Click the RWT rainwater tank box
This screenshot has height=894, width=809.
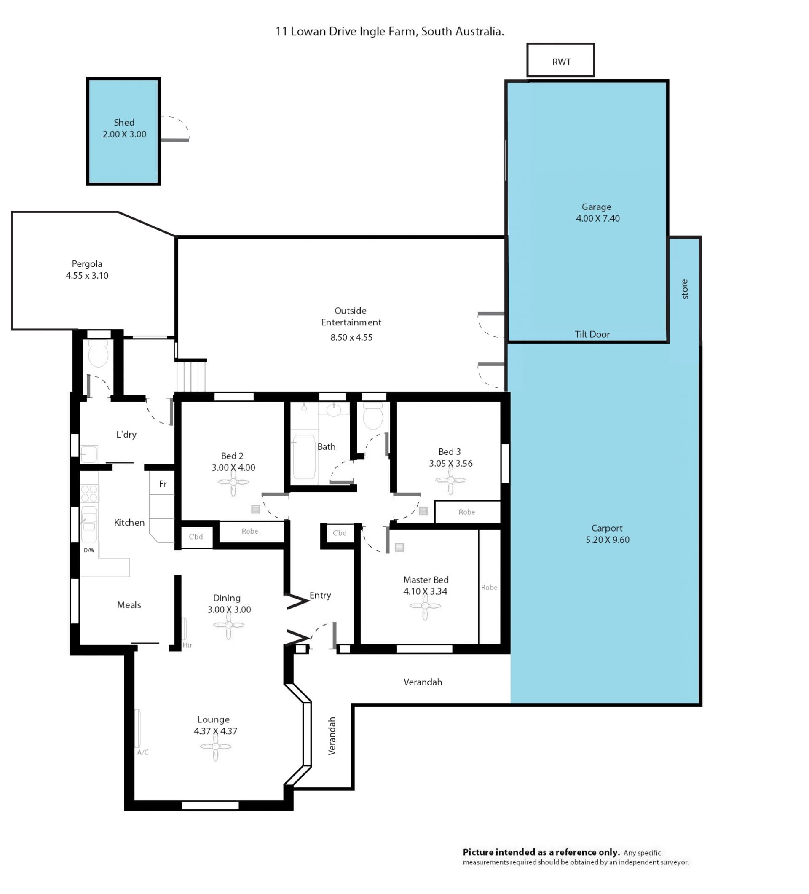point(560,60)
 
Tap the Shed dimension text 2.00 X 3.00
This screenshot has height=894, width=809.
point(124,134)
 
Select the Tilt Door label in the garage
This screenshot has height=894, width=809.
point(592,334)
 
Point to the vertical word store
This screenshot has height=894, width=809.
point(684,289)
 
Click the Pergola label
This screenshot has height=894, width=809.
point(87,264)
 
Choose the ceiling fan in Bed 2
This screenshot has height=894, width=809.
point(233,482)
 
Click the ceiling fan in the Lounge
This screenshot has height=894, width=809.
point(215,746)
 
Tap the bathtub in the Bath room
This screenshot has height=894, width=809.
point(304,457)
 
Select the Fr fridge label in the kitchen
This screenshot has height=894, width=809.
point(163,484)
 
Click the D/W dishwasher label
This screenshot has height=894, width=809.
point(89,550)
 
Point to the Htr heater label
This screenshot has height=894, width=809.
point(187,645)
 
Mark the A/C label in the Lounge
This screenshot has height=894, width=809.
point(143,752)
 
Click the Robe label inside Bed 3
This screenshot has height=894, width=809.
point(466,512)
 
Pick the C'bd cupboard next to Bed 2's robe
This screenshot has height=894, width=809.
point(196,537)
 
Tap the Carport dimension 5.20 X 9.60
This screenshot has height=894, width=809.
point(607,540)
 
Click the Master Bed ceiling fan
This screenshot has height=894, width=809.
point(425,606)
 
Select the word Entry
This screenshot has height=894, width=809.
point(320,596)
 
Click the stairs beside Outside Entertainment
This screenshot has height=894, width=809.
point(190,376)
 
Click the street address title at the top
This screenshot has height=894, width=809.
point(390,32)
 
